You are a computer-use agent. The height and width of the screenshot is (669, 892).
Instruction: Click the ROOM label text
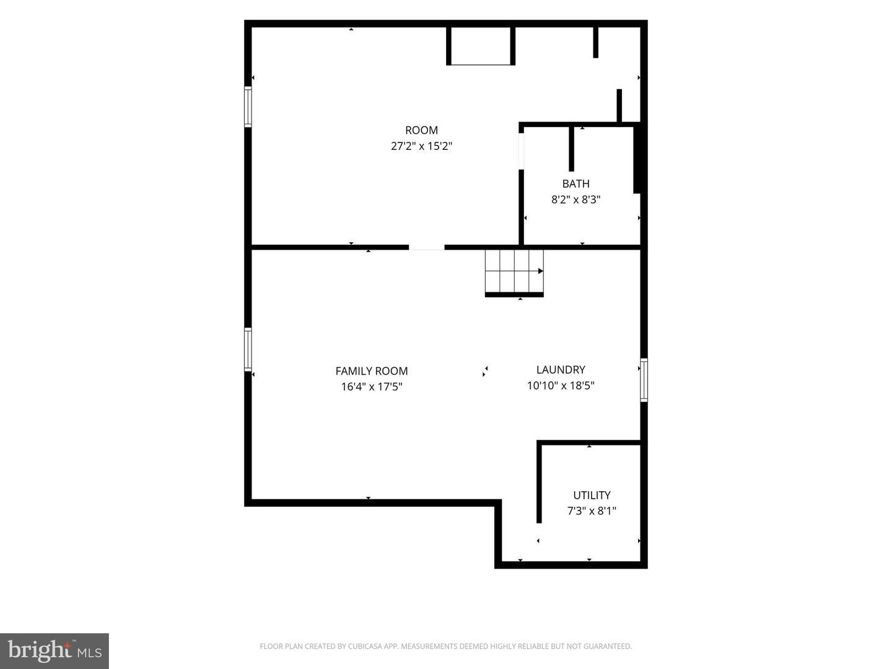pyautogui.click(x=421, y=130)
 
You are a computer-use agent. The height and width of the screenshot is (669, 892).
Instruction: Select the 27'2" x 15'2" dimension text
pyautogui.click(x=421, y=146)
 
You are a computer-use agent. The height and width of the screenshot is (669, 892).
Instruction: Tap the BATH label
pyautogui.click(x=576, y=183)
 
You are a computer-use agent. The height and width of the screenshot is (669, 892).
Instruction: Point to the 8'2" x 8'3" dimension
pyautogui.click(x=576, y=199)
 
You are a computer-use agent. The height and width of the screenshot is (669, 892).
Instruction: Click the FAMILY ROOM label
pyautogui.click(x=372, y=371)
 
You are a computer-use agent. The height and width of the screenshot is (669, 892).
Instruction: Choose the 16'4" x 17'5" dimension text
pyautogui.click(x=372, y=387)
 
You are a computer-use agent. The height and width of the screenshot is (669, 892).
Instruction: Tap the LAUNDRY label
pyautogui.click(x=561, y=370)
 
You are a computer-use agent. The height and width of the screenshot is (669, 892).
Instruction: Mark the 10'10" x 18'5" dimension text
pyautogui.click(x=561, y=385)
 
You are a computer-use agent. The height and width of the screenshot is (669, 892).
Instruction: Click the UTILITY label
pyautogui.click(x=592, y=495)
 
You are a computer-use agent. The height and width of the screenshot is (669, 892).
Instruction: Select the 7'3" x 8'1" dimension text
pyautogui.click(x=592, y=510)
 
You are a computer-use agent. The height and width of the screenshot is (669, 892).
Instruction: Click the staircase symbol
pyautogui.click(x=515, y=273)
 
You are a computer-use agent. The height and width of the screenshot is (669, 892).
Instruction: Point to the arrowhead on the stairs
pyautogui.click(x=541, y=271)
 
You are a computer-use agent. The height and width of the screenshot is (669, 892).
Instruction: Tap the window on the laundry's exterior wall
pyautogui.click(x=644, y=380)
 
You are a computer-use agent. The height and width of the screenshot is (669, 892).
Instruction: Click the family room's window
pyautogui.click(x=248, y=349)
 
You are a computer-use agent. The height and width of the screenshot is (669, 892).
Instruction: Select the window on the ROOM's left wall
pyautogui.click(x=248, y=107)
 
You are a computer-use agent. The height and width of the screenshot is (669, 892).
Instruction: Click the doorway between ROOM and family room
pyautogui.click(x=427, y=247)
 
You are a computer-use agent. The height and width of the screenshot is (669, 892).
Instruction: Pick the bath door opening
pyautogui.click(x=521, y=151)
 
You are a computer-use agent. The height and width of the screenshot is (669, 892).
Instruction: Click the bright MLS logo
pyautogui.click(x=55, y=650)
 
